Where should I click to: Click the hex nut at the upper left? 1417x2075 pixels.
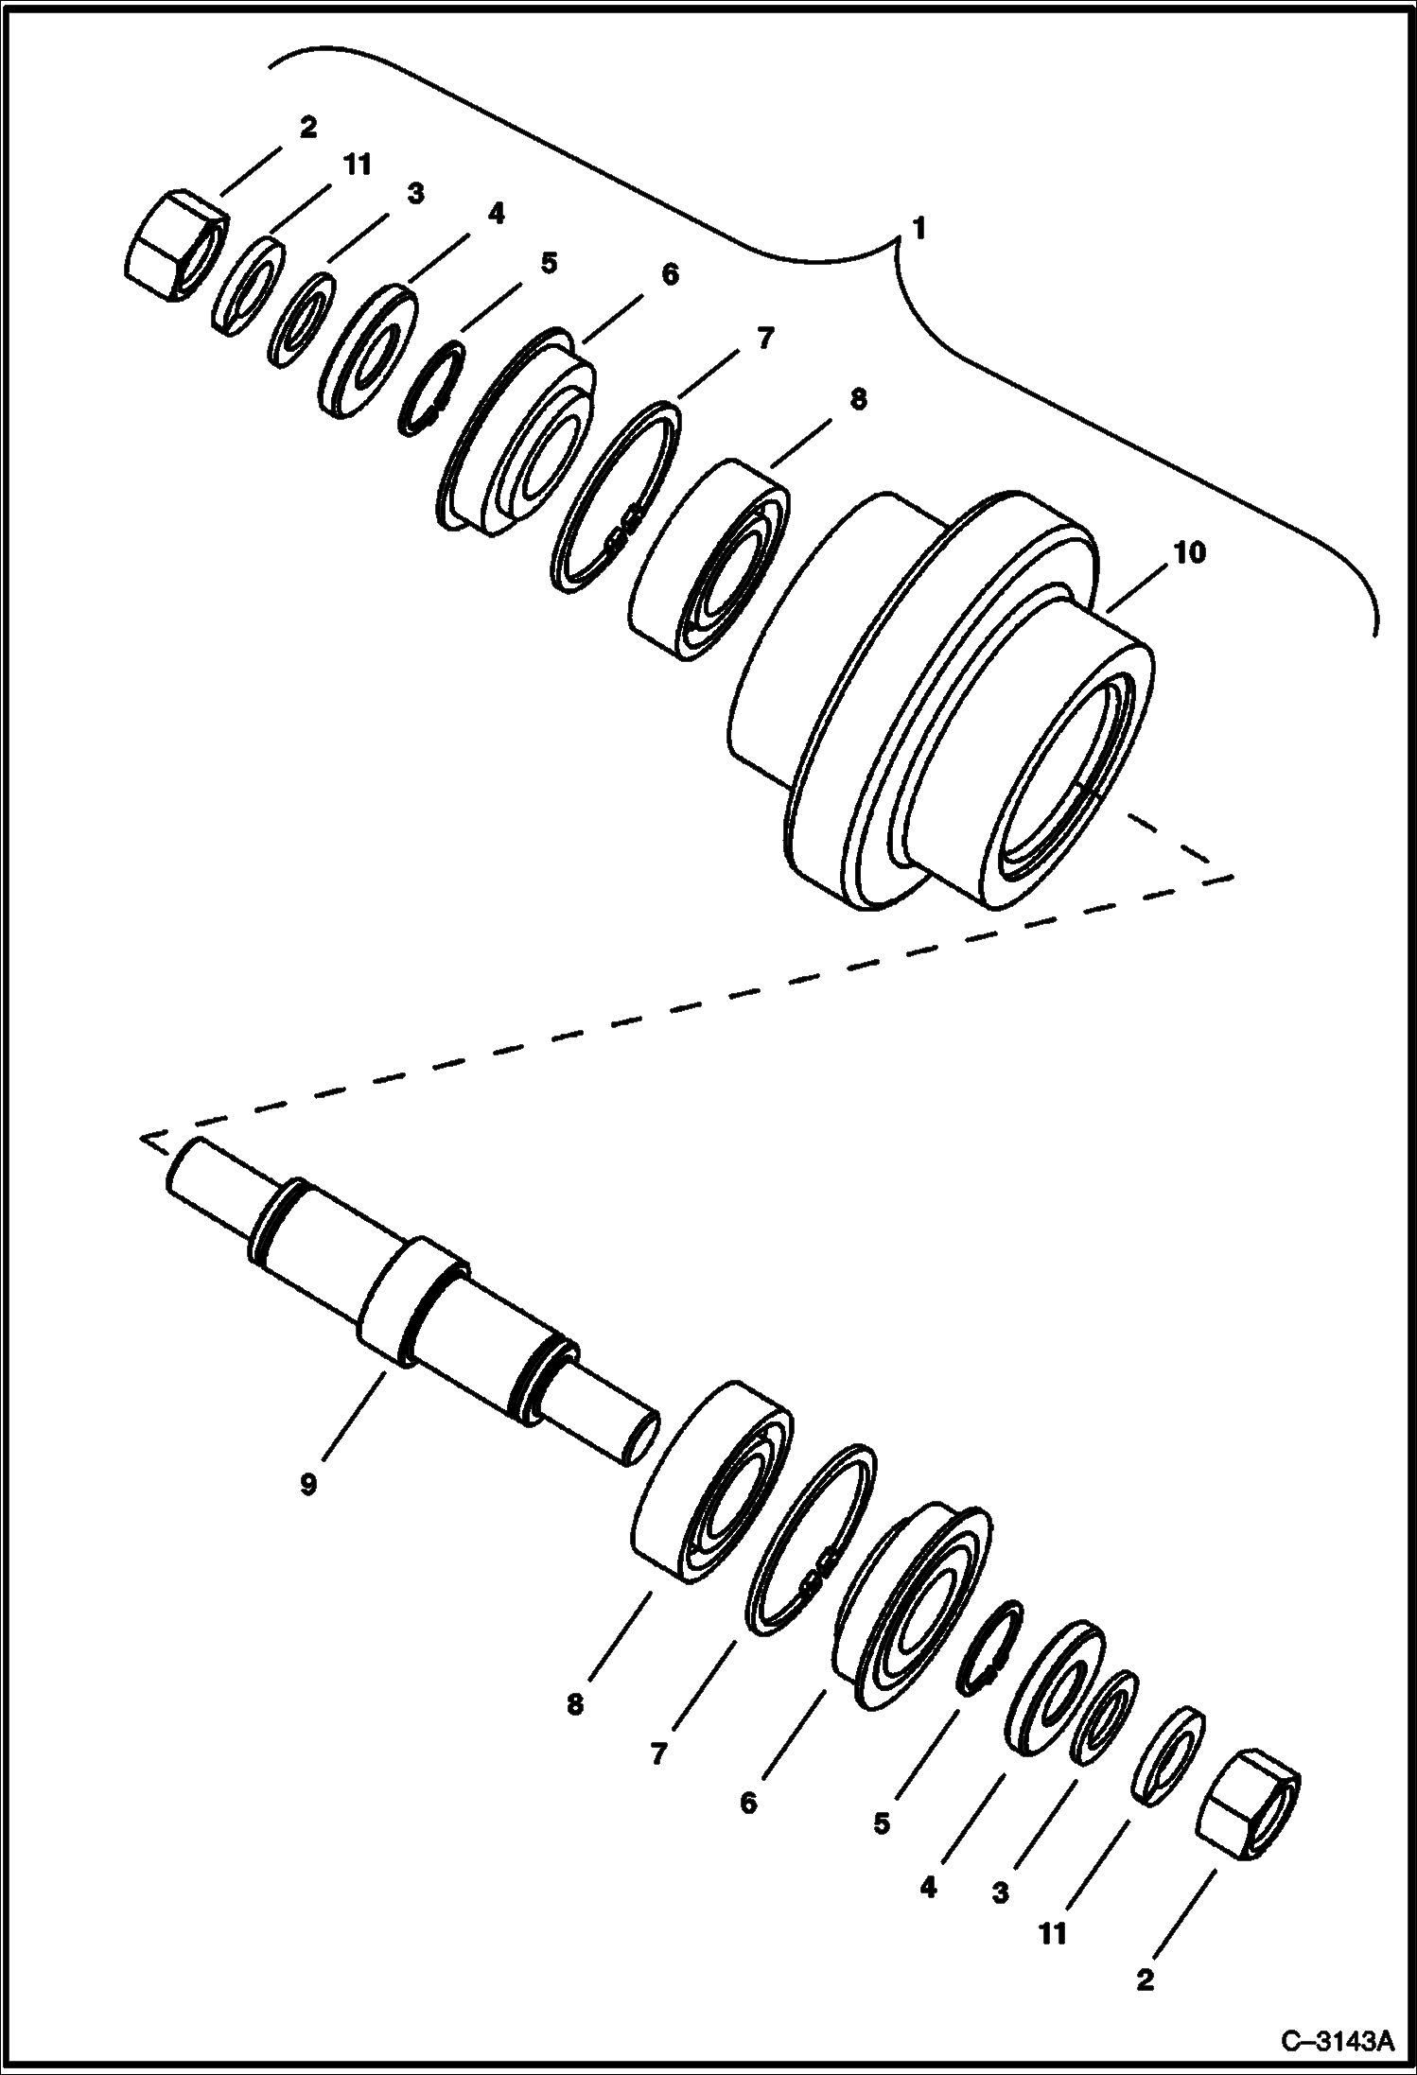(176, 245)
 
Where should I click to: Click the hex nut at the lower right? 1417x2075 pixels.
(1249, 1805)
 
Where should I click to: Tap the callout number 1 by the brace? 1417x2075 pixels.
(918, 229)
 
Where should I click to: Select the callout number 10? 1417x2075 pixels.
(1189, 552)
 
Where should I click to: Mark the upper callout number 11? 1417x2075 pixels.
(356, 166)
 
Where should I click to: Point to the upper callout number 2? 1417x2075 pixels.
(307, 127)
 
